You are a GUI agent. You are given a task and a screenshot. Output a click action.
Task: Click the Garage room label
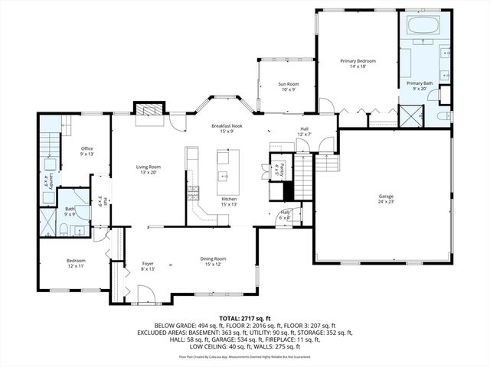point(386,199)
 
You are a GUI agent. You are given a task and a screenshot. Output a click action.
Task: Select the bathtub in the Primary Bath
point(423,28)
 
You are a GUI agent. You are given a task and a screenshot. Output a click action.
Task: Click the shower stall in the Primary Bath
point(414,116)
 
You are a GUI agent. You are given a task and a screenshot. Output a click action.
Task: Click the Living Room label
point(148,169)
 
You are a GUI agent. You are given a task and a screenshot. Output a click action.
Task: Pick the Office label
point(87,151)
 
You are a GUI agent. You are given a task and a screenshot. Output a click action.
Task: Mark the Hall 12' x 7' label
point(303,131)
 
